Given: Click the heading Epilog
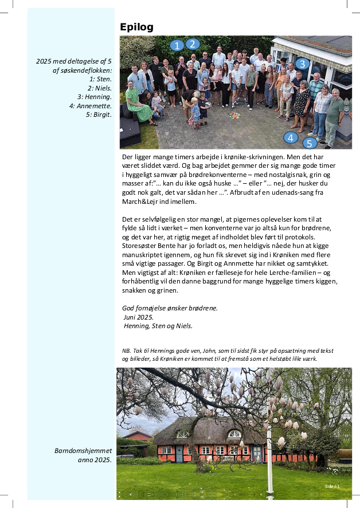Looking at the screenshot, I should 136,27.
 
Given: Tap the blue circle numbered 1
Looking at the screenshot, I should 177,45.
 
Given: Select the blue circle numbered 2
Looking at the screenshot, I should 193,44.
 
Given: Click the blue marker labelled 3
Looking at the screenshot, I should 303,64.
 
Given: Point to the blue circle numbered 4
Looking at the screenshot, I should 291,137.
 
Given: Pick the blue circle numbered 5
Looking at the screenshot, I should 310,143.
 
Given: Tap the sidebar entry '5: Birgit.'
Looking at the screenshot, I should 99,115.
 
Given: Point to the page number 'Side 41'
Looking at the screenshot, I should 333,486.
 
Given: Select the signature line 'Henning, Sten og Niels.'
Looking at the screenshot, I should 158,326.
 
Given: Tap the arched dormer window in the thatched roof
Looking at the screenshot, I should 234,434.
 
